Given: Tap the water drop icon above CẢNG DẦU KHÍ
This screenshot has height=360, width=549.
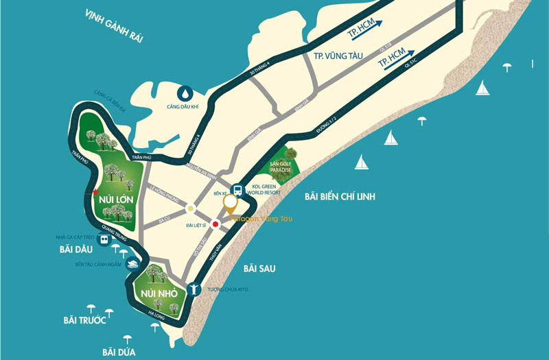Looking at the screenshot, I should [185, 93].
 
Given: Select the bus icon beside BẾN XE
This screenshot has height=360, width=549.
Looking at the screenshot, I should [236, 189].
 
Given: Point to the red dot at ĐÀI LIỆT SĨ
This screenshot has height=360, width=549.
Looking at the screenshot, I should [215, 224].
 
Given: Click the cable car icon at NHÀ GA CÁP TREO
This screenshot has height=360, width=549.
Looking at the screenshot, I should [104, 240].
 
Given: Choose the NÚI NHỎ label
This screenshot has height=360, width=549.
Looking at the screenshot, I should [159, 293].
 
